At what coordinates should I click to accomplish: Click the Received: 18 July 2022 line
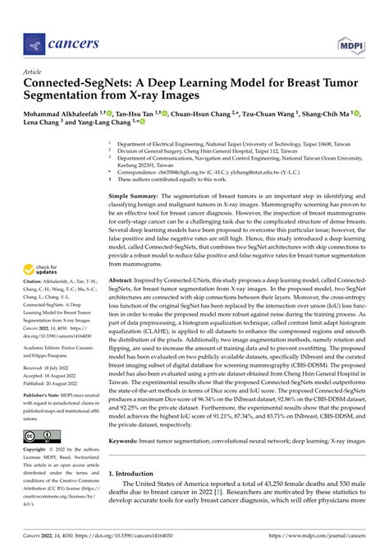tap(46, 368)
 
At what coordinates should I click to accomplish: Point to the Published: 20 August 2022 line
tap(50, 383)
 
